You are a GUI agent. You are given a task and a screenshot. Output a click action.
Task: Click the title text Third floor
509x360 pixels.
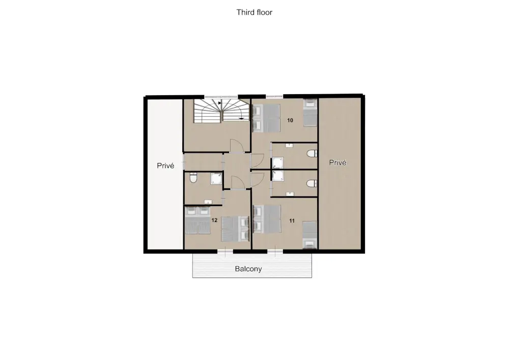pyautogui.click(x=254, y=12)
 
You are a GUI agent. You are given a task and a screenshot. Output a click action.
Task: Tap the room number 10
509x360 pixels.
pyautogui.click(x=290, y=121)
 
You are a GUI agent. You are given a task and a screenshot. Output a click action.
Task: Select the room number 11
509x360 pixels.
pyautogui.click(x=292, y=221)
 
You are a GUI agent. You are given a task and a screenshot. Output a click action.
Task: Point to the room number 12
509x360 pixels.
pyautogui.click(x=214, y=220)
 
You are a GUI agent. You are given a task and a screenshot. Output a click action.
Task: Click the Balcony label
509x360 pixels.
pyautogui.click(x=248, y=269)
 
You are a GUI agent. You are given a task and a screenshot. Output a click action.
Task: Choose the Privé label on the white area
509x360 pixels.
pyautogui.click(x=165, y=165)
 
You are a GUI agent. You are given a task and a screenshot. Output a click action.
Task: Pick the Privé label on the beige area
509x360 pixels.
pyautogui.click(x=337, y=162)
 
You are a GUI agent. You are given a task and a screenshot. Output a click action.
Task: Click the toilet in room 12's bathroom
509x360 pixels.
pyautogui.click(x=193, y=178)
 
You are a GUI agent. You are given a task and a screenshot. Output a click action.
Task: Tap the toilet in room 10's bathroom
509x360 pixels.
pyautogui.click(x=312, y=153)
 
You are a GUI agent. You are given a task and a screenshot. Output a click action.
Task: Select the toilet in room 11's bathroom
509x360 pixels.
pyautogui.click(x=312, y=184)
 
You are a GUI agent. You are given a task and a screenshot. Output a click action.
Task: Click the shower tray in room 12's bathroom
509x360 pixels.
pyautogui.click(x=216, y=179)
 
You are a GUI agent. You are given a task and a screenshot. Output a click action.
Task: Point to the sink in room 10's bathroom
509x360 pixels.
pyautogui.click(x=289, y=146)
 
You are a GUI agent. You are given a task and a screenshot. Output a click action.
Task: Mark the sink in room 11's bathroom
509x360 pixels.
pyautogui.click(x=290, y=194)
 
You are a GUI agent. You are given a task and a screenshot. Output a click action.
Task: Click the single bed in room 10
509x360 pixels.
pyautogui.click(x=310, y=113)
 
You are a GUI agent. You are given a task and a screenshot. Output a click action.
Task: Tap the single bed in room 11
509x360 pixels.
pyautogui.click(x=309, y=235)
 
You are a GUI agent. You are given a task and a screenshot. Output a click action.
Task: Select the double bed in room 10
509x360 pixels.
pyautogui.click(x=266, y=118)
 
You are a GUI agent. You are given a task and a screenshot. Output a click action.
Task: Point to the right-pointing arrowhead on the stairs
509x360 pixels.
pyautogui.click(x=220, y=103)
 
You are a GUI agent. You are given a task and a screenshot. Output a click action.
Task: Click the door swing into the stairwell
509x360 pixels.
pyautogui.click(x=237, y=146)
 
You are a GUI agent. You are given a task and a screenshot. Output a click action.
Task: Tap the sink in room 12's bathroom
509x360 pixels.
pyautogui.click(x=208, y=203)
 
